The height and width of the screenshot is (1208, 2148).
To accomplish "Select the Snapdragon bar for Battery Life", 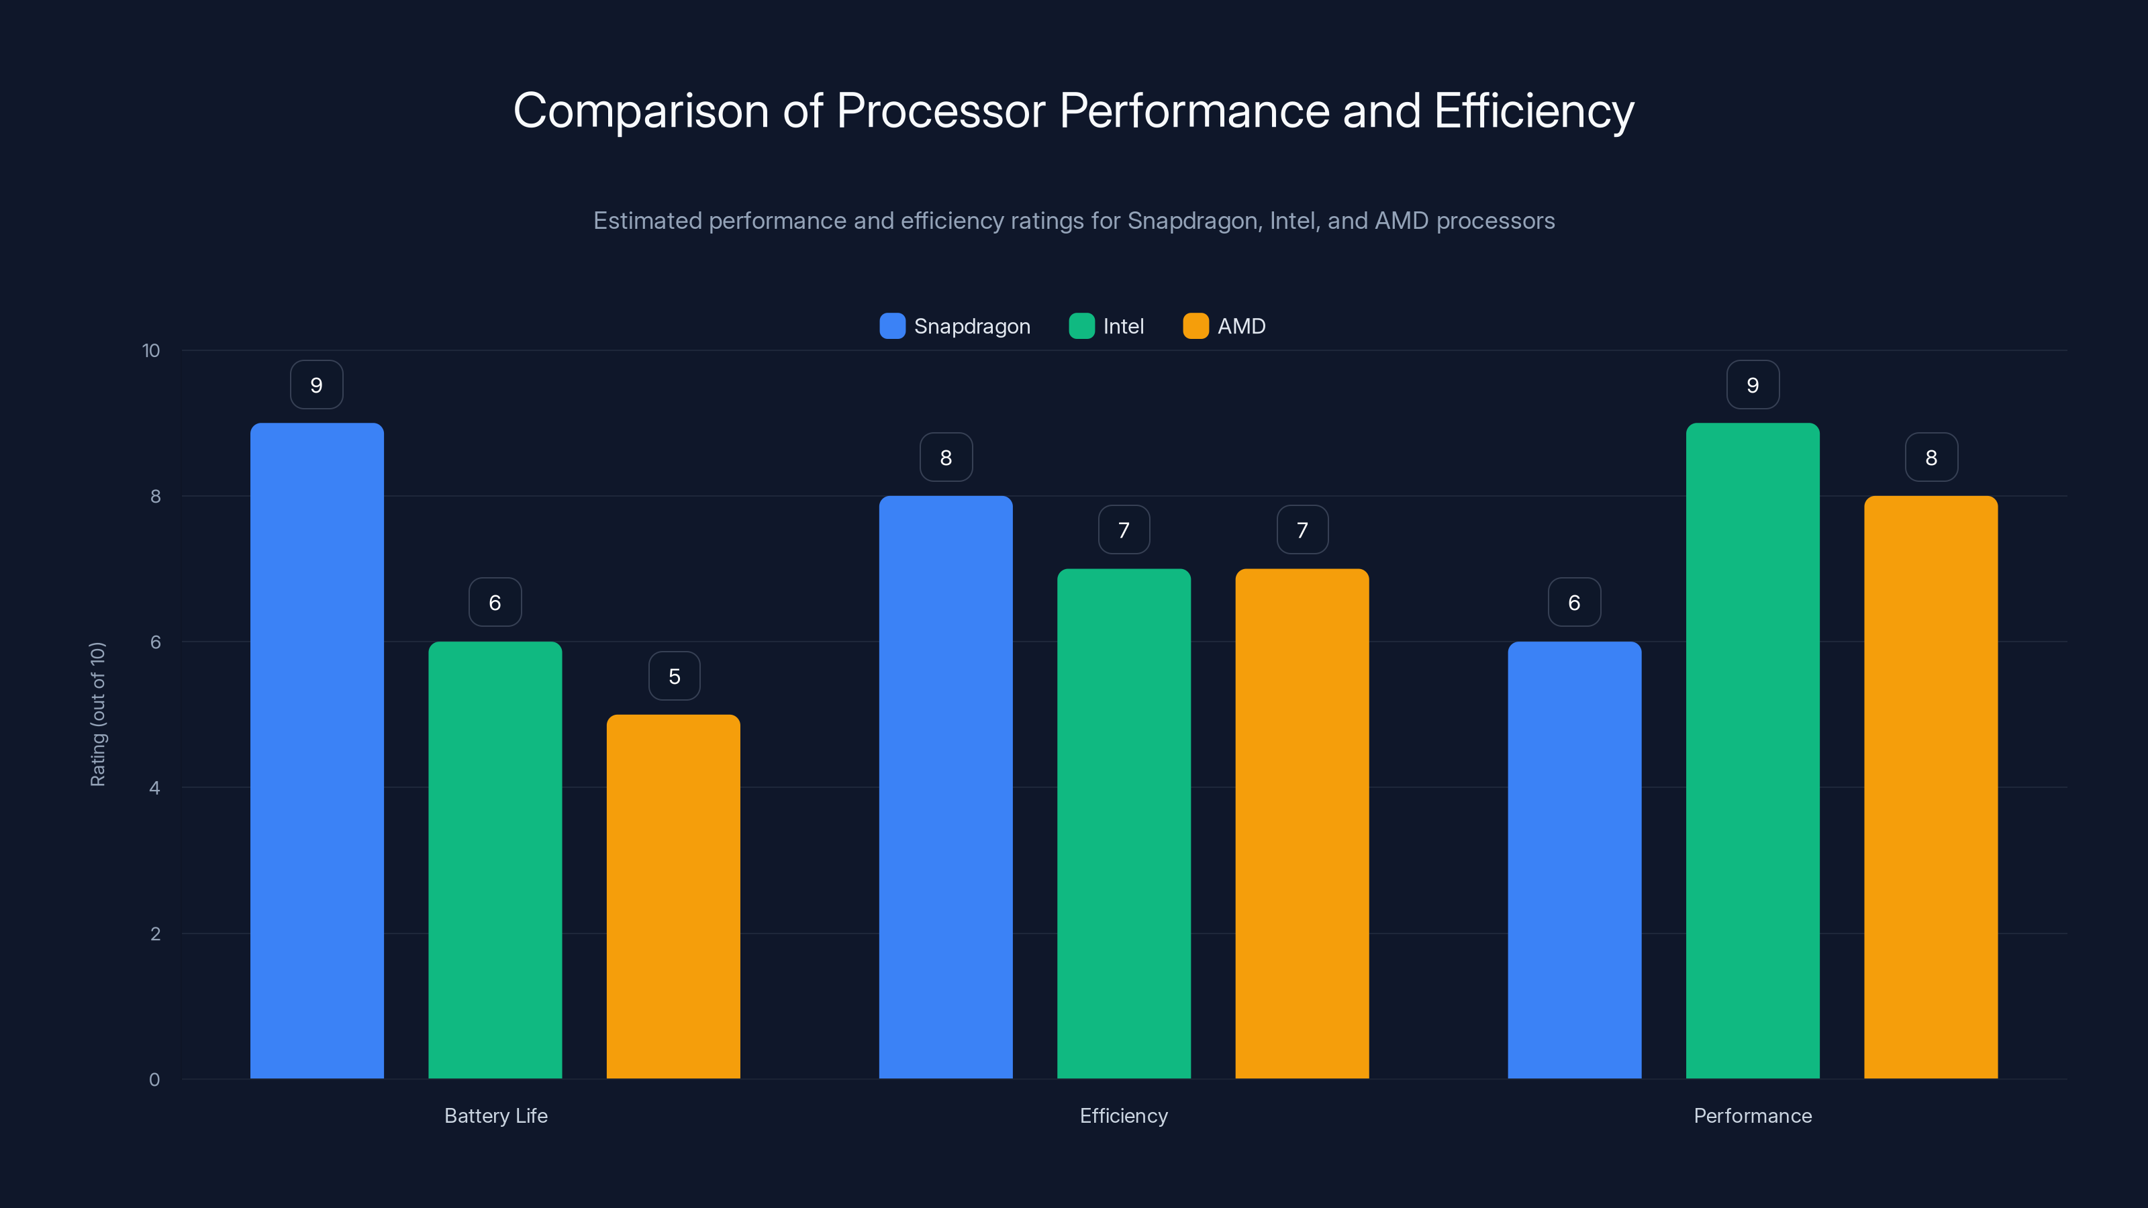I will point(317,750).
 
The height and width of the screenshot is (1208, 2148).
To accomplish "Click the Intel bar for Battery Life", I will point(495,859).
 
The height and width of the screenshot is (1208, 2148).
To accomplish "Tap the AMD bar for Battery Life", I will point(673,896).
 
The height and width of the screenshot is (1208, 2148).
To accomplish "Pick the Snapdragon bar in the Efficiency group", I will point(946,788).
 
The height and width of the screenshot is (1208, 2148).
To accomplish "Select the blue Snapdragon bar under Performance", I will point(1574,859).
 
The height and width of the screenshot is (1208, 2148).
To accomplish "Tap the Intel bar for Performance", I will point(1752,750).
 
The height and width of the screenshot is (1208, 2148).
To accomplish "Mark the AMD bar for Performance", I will point(1931,788).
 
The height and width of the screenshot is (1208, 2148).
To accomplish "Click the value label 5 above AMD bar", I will point(674,676).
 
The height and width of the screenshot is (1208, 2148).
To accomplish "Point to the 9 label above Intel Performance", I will point(1752,385).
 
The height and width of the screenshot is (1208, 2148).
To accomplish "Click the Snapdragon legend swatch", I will point(892,326).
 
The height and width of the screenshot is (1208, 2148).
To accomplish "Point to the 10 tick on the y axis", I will point(151,351).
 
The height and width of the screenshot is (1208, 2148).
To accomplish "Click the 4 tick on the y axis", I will point(154,788).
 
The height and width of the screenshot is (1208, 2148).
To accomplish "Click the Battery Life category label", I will point(495,1115).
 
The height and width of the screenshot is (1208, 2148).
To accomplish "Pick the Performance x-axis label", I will point(1752,1115).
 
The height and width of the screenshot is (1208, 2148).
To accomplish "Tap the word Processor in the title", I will point(940,111).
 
